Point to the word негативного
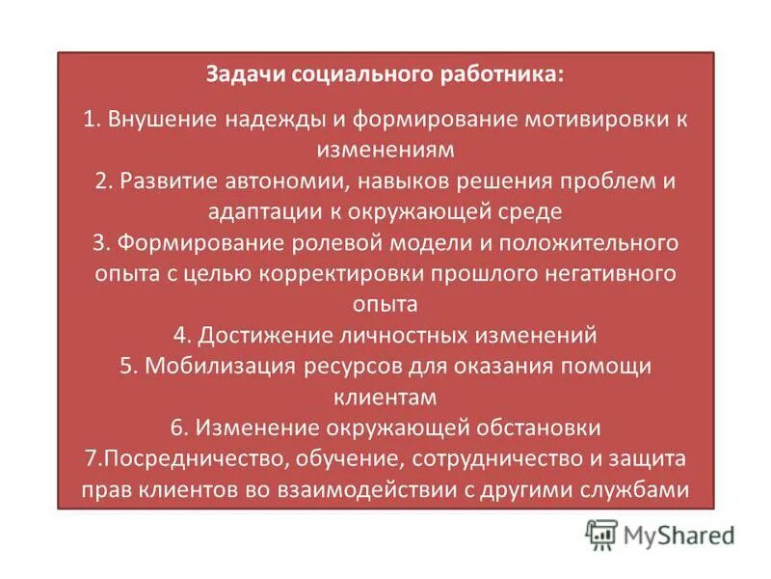click(x=609, y=273)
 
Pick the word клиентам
click(x=385, y=397)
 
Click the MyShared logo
click(x=659, y=534)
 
